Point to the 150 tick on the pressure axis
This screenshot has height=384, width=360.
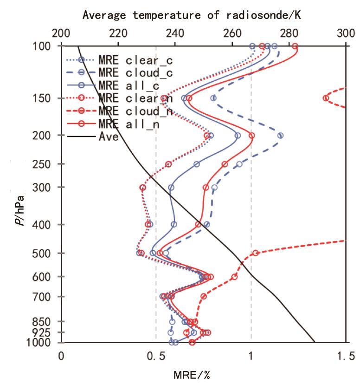tap(46, 98)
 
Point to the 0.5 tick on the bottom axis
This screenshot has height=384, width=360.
tap(156, 356)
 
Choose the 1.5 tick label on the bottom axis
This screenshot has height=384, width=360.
tap(346, 356)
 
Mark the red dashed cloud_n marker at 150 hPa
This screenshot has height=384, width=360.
tap(326, 98)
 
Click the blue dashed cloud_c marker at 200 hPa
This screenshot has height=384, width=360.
tap(280, 136)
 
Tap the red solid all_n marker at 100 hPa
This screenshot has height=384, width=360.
tap(295, 46)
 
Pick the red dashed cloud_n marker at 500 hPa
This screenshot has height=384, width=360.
tap(256, 253)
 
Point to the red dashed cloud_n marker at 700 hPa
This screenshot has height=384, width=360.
tap(203, 296)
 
